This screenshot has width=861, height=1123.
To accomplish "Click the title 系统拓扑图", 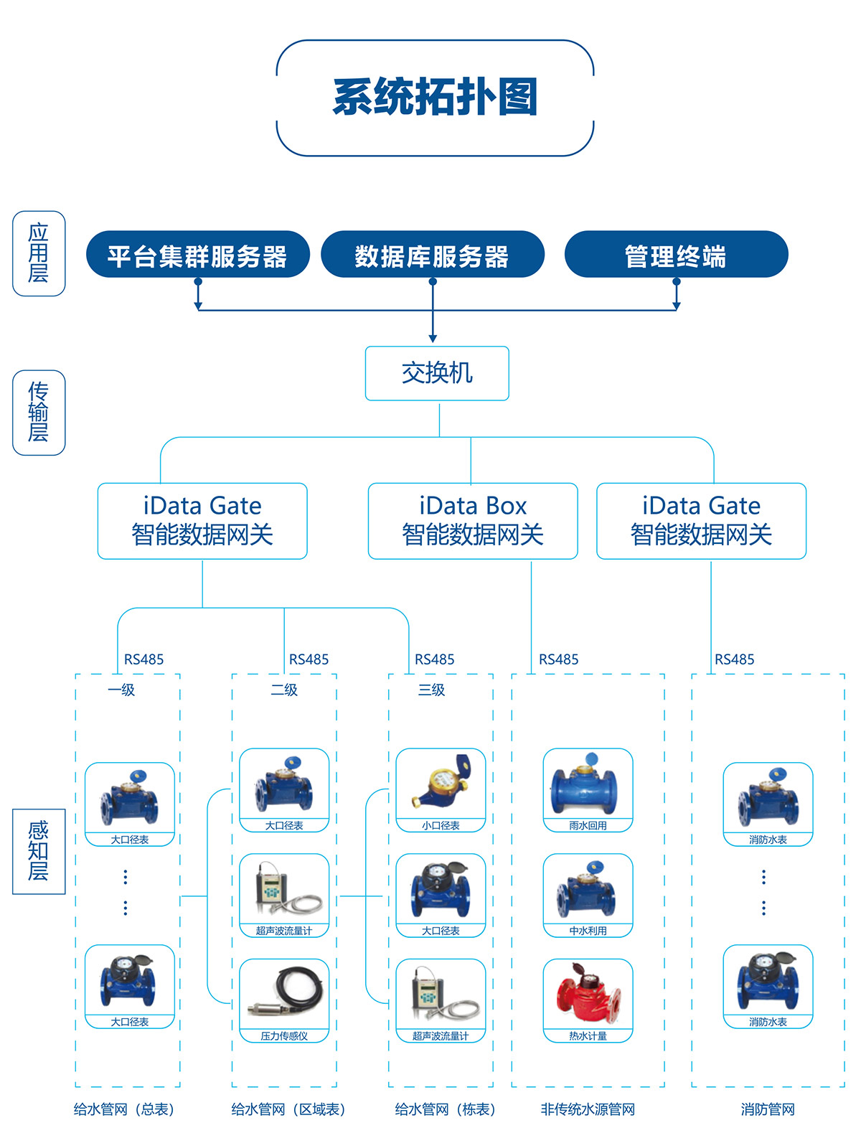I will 435,98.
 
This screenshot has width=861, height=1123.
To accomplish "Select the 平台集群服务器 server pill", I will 197,255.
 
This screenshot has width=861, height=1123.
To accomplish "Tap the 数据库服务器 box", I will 432,255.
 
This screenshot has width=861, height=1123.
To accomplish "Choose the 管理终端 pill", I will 676,255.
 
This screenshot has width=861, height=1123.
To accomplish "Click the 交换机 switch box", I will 437,373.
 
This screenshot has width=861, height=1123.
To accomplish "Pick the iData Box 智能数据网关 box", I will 472,521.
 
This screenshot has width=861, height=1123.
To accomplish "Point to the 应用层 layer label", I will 39,253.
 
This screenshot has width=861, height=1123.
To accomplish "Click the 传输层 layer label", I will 39,413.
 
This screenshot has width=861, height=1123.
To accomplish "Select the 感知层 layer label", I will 39,851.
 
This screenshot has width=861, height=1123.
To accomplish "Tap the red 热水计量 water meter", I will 588,994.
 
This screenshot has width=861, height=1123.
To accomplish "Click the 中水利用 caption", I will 588,931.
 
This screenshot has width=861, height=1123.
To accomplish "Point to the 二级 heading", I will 284,690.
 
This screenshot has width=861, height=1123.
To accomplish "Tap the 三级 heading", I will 432,690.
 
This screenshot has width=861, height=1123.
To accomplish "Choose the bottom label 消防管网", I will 768,1109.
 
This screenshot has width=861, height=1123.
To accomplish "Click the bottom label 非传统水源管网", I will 588,1109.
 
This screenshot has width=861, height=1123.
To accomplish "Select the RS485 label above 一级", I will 144,659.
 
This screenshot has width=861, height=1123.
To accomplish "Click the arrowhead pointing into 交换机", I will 433,339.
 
